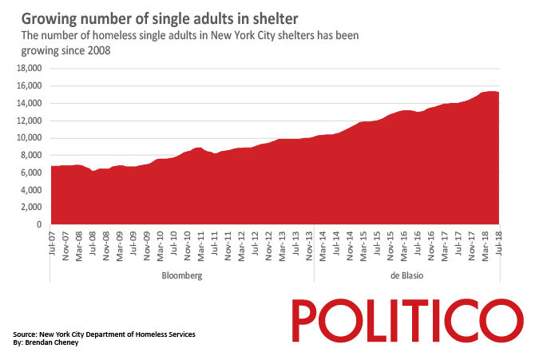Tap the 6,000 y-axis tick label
30,172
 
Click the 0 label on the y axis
38,224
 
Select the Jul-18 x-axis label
498,241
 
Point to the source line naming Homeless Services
104,334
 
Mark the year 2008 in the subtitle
95,49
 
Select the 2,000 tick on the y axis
30,208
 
